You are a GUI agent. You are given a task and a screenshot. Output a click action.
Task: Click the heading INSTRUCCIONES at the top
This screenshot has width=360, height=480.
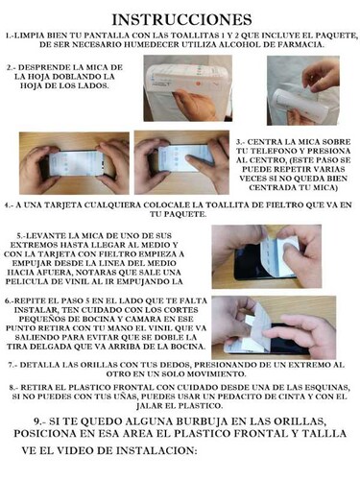(180, 18)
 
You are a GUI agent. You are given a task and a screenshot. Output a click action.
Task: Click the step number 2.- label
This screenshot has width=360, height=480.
(14, 68)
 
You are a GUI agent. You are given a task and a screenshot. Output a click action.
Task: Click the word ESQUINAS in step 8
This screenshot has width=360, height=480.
(321, 386)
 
